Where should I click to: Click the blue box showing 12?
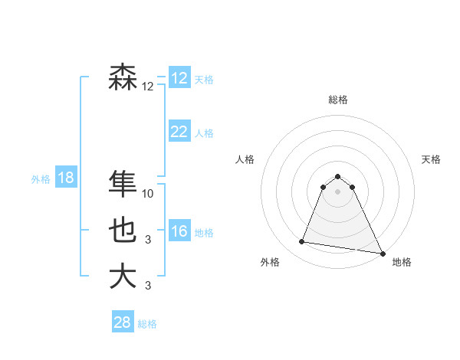pos(179,78)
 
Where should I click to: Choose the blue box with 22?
pos(179,132)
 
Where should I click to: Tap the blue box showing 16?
pos(179,231)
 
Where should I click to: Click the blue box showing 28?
pos(123,322)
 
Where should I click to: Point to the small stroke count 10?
pos(148,194)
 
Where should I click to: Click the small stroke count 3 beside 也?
pos(148,240)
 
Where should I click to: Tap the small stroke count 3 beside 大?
pos(148,286)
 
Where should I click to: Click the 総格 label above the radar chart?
pos(338,100)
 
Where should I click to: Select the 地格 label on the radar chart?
pos(402,262)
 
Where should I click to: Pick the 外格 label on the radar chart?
pos(270,262)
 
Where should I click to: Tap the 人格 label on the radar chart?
pos(245,159)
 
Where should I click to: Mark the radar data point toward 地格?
pos(382,253)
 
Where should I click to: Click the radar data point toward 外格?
pos(302,242)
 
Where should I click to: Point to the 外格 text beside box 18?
pos(41,179)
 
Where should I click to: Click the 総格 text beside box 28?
pos(147,323)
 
